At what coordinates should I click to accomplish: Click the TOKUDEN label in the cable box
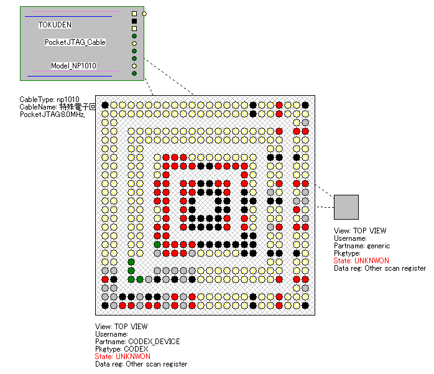[55, 25]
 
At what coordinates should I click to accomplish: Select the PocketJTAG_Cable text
[75, 42]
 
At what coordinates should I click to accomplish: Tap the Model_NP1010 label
[73, 65]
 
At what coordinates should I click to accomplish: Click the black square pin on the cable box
[134, 21]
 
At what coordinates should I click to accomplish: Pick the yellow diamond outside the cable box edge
[144, 13]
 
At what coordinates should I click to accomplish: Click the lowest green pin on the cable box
[134, 73]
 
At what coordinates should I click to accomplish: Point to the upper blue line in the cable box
[68, 17]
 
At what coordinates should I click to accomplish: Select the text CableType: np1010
[49, 100]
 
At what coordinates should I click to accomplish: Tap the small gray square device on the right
[346, 207]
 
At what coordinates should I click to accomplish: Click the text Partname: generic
[362, 246]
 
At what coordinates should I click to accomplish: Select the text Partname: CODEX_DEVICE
[137, 342]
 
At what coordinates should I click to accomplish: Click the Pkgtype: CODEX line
[122, 349]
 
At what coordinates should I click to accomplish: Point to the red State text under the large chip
[122, 357]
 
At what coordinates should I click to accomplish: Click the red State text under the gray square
[361, 261]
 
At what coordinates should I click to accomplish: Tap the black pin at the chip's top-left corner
[105, 105]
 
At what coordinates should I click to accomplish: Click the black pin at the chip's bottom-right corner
[305, 306]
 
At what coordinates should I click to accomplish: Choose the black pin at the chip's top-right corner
[305, 105]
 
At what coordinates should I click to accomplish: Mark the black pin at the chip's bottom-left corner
[105, 306]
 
